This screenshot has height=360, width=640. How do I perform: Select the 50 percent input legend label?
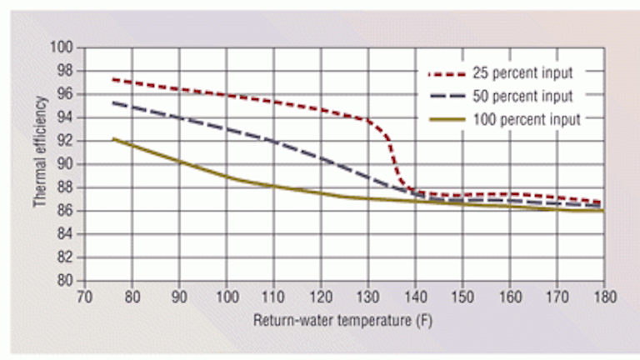[517, 91]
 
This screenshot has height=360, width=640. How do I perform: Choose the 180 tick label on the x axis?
[604, 296]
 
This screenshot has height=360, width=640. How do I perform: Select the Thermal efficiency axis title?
[39, 163]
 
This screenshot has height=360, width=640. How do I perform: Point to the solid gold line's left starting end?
[112, 139]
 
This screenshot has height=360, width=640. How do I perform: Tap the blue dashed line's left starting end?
[112, 102]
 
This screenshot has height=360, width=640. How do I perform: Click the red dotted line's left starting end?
[112, 79]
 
